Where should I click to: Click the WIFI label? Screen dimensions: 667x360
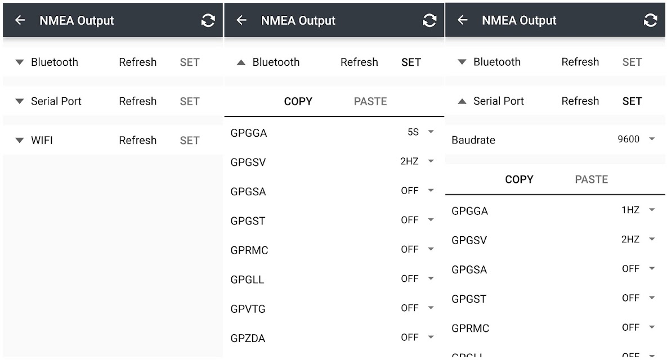(x=42, y=140)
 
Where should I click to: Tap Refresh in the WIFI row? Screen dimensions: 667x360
(x=137, y=140)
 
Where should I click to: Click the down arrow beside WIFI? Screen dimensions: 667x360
(x=20, y=140)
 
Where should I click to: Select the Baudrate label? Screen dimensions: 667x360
(x=473, y=140)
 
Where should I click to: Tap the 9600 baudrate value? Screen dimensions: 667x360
(x=628, y=139)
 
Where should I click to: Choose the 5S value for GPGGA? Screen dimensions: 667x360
(x=413, y=132)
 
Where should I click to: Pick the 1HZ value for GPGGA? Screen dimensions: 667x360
(x=630, y=210)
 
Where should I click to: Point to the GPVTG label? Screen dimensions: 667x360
(x=248, y=309)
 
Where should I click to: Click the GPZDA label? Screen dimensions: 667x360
(x=248, y=338)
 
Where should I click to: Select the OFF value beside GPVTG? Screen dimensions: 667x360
(x=409, y=308)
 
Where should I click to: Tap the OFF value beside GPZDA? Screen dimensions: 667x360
(x=409, y=337)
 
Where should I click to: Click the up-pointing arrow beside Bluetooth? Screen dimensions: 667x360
(x=241, y=62)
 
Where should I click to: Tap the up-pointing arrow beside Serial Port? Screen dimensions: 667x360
(x=462, y=101)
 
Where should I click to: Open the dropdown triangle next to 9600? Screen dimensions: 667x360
(x=652, y=139)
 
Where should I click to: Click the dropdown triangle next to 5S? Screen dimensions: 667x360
(x=431, y=132)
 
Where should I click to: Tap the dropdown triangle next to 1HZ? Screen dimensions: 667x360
(x=652, y=210)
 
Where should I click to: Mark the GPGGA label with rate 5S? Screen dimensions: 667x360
(x=248, y=133)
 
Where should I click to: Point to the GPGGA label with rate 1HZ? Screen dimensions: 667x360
(x=469, y=211)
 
